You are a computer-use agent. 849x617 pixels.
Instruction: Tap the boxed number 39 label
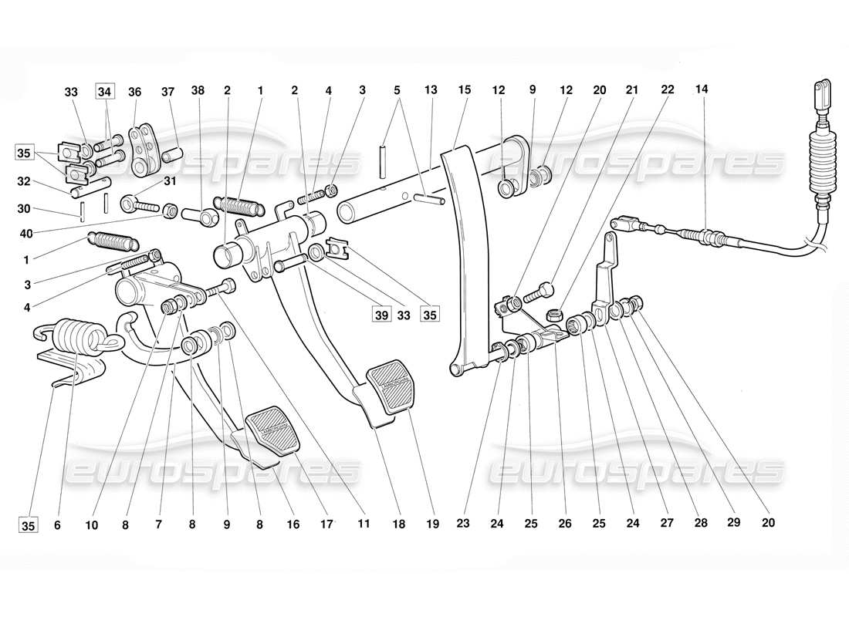(x=380, y=314)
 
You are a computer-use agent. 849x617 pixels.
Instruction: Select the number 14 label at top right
(x=701, y=89)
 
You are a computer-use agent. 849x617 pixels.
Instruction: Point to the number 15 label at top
(x=464, y=89)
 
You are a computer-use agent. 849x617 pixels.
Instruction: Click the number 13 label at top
(x=431, y=89)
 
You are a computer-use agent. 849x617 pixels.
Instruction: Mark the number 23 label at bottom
(x=463, y=524)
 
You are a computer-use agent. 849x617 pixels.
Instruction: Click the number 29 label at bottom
(x=732, y=524)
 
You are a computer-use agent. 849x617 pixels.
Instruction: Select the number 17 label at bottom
(x=326, y=524)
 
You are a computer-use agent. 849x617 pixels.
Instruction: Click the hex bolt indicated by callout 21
(x=538, y=292)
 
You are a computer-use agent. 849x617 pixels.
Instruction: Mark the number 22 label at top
(x=668, y=89)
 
